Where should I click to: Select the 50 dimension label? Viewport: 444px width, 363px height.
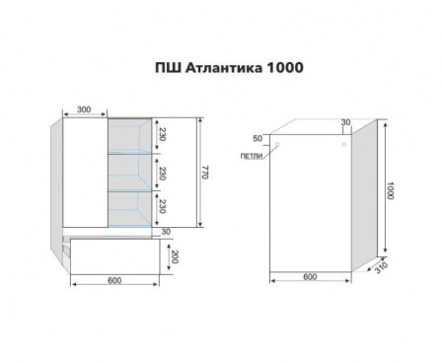tap(259, 138)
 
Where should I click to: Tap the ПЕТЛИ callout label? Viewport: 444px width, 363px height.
tap(251, 156)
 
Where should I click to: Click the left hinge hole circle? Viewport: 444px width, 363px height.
tap(279, 146)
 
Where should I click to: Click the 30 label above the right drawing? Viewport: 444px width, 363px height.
tap(345, 122)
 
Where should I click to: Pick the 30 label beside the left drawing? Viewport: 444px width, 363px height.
tap(167, 232)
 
